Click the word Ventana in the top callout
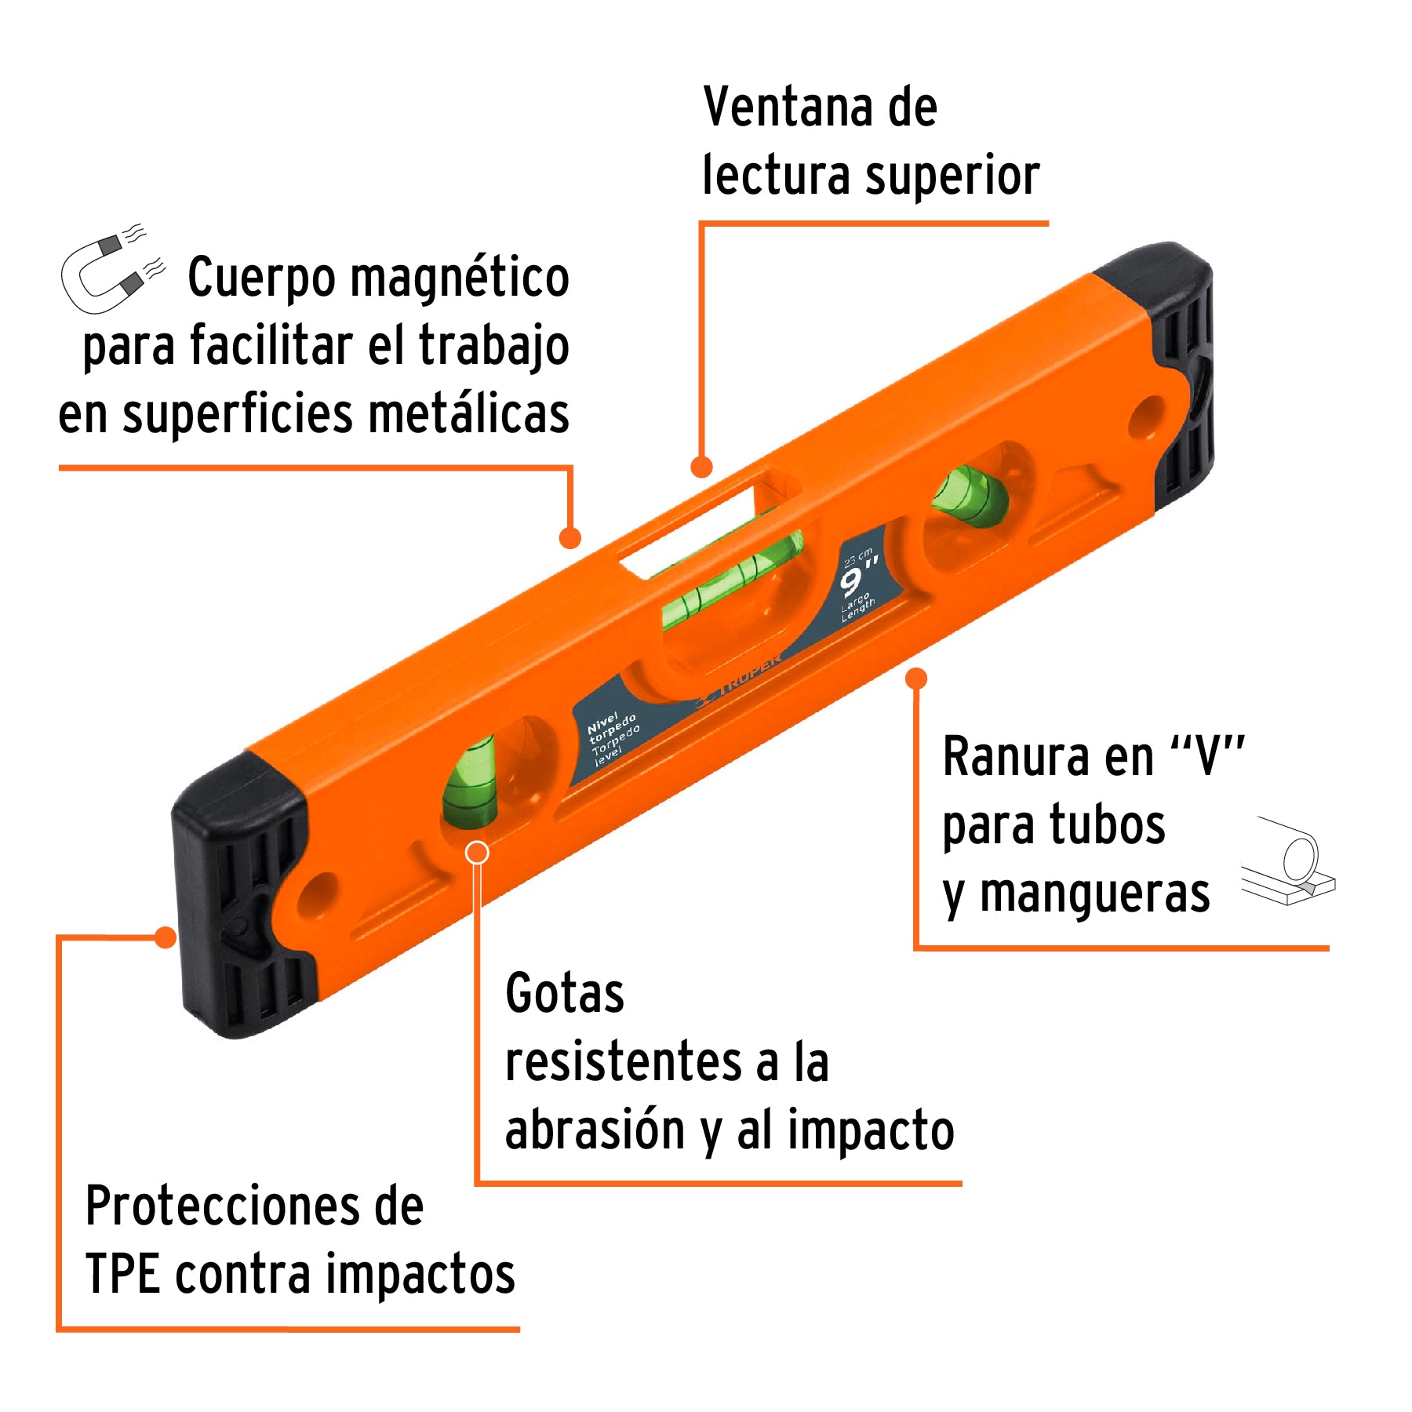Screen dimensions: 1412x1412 [787, 107]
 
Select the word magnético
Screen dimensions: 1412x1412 [460, 278]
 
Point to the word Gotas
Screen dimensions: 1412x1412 [564, 994]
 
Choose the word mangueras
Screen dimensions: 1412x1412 [1094, 894]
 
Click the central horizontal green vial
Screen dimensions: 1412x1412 [730, 580]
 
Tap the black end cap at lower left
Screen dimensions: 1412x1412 [239, 894]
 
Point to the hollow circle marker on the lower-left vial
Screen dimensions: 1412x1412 [477, 853]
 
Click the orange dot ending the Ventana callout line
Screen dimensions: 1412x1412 [701, 468]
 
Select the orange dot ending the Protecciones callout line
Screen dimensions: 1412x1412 [166, 937]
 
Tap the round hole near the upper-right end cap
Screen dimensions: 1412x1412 [1147, 417]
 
